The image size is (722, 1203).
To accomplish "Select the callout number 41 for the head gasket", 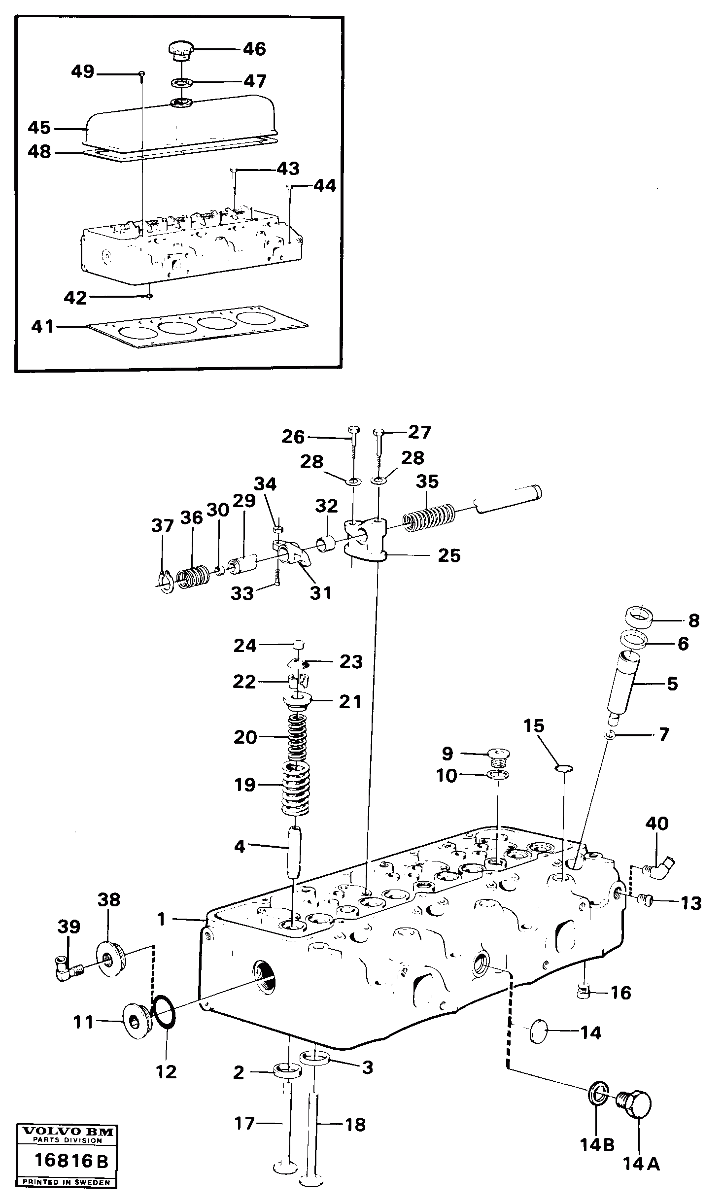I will (x=42, y=326).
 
